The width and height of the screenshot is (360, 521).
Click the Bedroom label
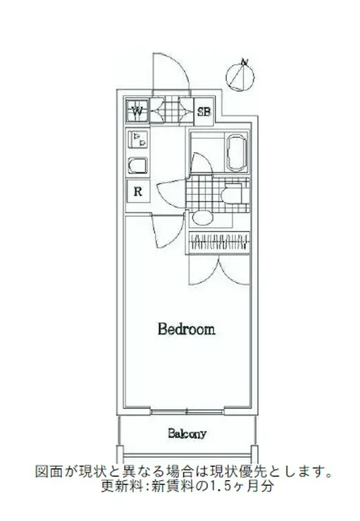pyautogui.click(x=187, y=329)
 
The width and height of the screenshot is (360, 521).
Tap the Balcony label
pyautogui.click(x=187, y=433)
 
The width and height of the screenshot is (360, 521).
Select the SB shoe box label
pyautogui.click(x=204, y=112)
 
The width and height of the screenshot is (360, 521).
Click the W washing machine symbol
pyautogui.click(x=137, y=111)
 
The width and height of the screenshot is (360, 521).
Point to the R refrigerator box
pyautogui.click(x=138, y=192)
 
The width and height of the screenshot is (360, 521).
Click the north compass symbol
pyautogui.click(x=240, y=76)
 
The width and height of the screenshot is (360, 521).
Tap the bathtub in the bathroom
pyautogui.click(x=237, y=152)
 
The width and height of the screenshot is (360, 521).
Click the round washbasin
pyautogui.click(x=203, y=218)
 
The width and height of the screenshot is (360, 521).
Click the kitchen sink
pyautogui.click(x=138, y=165)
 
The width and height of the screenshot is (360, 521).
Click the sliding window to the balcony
pyautogui.click(x=187, y=413)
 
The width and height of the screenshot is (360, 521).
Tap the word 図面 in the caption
pyautogui.click(x=49, y=472)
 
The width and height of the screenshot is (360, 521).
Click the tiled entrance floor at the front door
pyautogui.click(x=172, y=109)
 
